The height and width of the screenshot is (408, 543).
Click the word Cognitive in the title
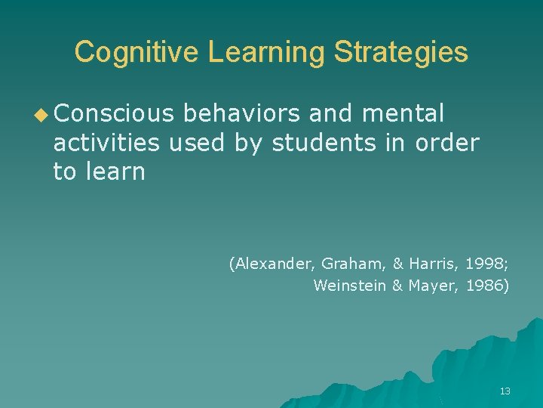click(137, 52)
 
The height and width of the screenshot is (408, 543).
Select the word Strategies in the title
click(400, 52)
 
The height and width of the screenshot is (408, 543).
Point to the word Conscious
click(114, 113)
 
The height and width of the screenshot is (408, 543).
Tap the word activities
click(107, 142)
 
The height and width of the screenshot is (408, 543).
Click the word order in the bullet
click(448, 142)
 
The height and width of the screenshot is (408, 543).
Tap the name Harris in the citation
click(430, 264)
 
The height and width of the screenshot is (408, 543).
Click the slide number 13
click(505, 391)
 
